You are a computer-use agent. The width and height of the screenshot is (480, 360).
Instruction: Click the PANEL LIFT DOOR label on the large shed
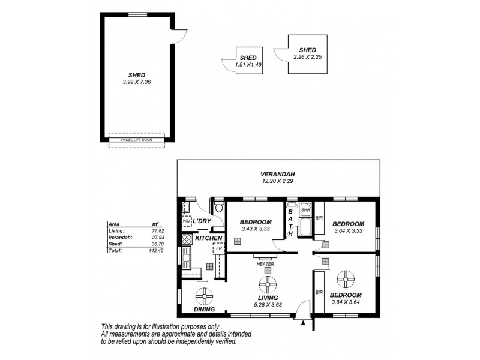137,139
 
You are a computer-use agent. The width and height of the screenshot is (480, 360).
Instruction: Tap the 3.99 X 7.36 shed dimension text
137,82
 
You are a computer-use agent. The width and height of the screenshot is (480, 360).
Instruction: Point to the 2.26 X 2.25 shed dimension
307,57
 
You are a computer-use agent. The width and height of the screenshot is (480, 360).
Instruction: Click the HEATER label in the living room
265,264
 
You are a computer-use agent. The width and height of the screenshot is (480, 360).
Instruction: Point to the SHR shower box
305,210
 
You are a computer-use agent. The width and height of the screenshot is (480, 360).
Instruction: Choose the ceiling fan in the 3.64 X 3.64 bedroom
346,278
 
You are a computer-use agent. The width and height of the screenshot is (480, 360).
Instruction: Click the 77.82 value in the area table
159,230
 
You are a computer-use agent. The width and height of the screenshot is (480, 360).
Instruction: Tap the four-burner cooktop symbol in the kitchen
186,239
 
